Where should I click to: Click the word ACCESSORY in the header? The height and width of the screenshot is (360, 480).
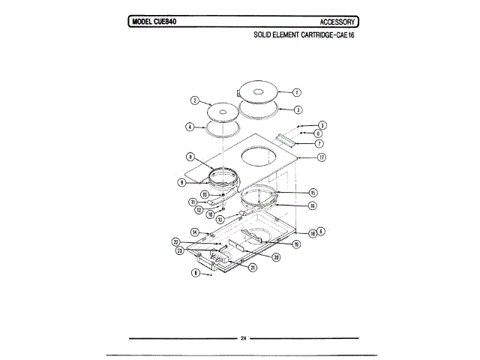click(x=337, y=21)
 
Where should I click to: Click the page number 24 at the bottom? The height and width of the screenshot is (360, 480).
click(x=244, y=339)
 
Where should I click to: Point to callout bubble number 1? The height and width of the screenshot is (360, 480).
click(x=296, y=93)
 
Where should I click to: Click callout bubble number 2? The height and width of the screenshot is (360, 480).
click(x=194, y=100)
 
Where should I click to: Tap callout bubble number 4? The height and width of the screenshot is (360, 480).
click(x=190, y=127)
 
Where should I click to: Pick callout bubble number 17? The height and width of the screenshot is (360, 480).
click(x=321, y=158)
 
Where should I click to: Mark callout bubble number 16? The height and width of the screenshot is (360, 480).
click(x=312, y=205)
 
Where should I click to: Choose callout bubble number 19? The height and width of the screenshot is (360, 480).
click(x=297, y=244)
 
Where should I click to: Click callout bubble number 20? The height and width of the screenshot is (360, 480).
click(x=276, y=257)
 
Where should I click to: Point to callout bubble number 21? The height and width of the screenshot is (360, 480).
click(x=253, y=268)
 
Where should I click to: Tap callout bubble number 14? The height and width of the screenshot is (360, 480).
click(x=194, y=232)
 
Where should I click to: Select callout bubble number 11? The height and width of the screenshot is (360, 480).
click(x=193, y=202)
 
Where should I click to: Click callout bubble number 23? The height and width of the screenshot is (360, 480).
click(x=180, y=250)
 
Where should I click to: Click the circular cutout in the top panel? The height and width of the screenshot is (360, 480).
click(x=259, y=158)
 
